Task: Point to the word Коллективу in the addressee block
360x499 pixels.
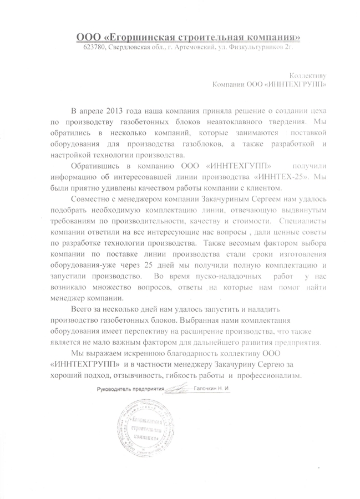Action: pos(309,75)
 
